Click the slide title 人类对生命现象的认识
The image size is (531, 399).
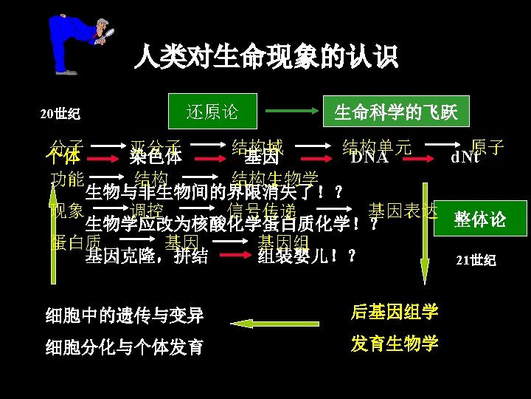coord(265,56)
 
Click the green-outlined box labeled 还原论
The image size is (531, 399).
coord(212,112)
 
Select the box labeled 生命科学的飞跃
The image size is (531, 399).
coord(396,112)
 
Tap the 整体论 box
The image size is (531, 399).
coord(480,219)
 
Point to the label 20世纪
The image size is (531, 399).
coord(60,115)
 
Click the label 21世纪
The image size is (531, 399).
coord(476,260)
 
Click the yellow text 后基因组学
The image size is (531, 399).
coord(395,313)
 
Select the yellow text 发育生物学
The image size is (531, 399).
coord(395,344)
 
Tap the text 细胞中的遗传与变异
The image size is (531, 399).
coord(124,316)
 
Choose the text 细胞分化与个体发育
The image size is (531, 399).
coord(124,347)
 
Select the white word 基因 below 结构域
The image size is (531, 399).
coord(262,157)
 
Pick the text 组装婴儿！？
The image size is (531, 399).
coord(307,256)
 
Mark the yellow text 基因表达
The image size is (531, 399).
coord(403,210)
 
